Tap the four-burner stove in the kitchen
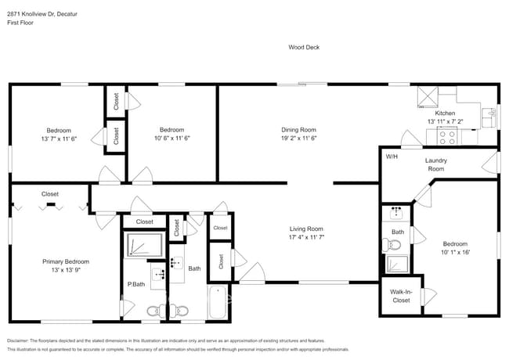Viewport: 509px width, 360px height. pyautogui.click(x=448, y=137)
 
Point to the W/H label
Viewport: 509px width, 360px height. pyautogui.click(x=391, y=157)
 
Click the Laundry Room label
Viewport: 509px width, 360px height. pyautogui.click(x=435, y=164)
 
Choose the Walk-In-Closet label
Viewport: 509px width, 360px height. pyautogui.click(x=400, y=296)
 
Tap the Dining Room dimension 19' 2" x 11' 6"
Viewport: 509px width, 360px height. pyautogui.click(x=298, y=138)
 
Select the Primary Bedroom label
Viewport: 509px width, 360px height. pyautogui.click(x=66, y=261)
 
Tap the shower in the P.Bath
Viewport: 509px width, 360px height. pyautogui.click(x=145, y=246)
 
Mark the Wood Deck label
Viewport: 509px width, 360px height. pyautogui.click(x=304, y=48)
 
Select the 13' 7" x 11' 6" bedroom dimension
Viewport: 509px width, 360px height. pyautogui.click(x=59, y=138)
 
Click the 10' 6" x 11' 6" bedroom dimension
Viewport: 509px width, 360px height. pyautogui.click(x=171, y=138)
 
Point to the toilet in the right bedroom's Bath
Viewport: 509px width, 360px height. pyautogui.click(x=395, y=245)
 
